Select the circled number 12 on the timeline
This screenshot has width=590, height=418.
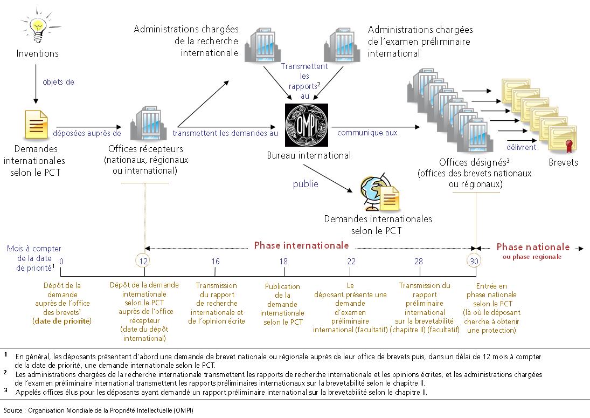pyautogui.click(x=144, y=261)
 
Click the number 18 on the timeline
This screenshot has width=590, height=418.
pyautogui.click(x=284, y=261)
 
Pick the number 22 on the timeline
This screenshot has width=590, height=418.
pyautogui.click(x=351, y=261)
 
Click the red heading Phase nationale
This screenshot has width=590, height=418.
pyautogui.click(x=532, y=247)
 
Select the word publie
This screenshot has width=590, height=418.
pyautogui.click(x=306, y=184)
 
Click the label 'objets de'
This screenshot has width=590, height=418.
pyautogui.click(x=58, y=83)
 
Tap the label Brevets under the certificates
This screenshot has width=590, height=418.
pyautogui.click(x=563, y=162)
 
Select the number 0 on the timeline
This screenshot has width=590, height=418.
pyautogui.click(x=61, y=261)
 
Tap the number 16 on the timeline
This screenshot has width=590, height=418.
pyautogui.click(x=216, y=261)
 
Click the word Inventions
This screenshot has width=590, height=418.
pyautogui.click(x=38, y=53)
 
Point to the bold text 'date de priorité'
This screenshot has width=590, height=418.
pyautogui.click(x=61, y=321)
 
